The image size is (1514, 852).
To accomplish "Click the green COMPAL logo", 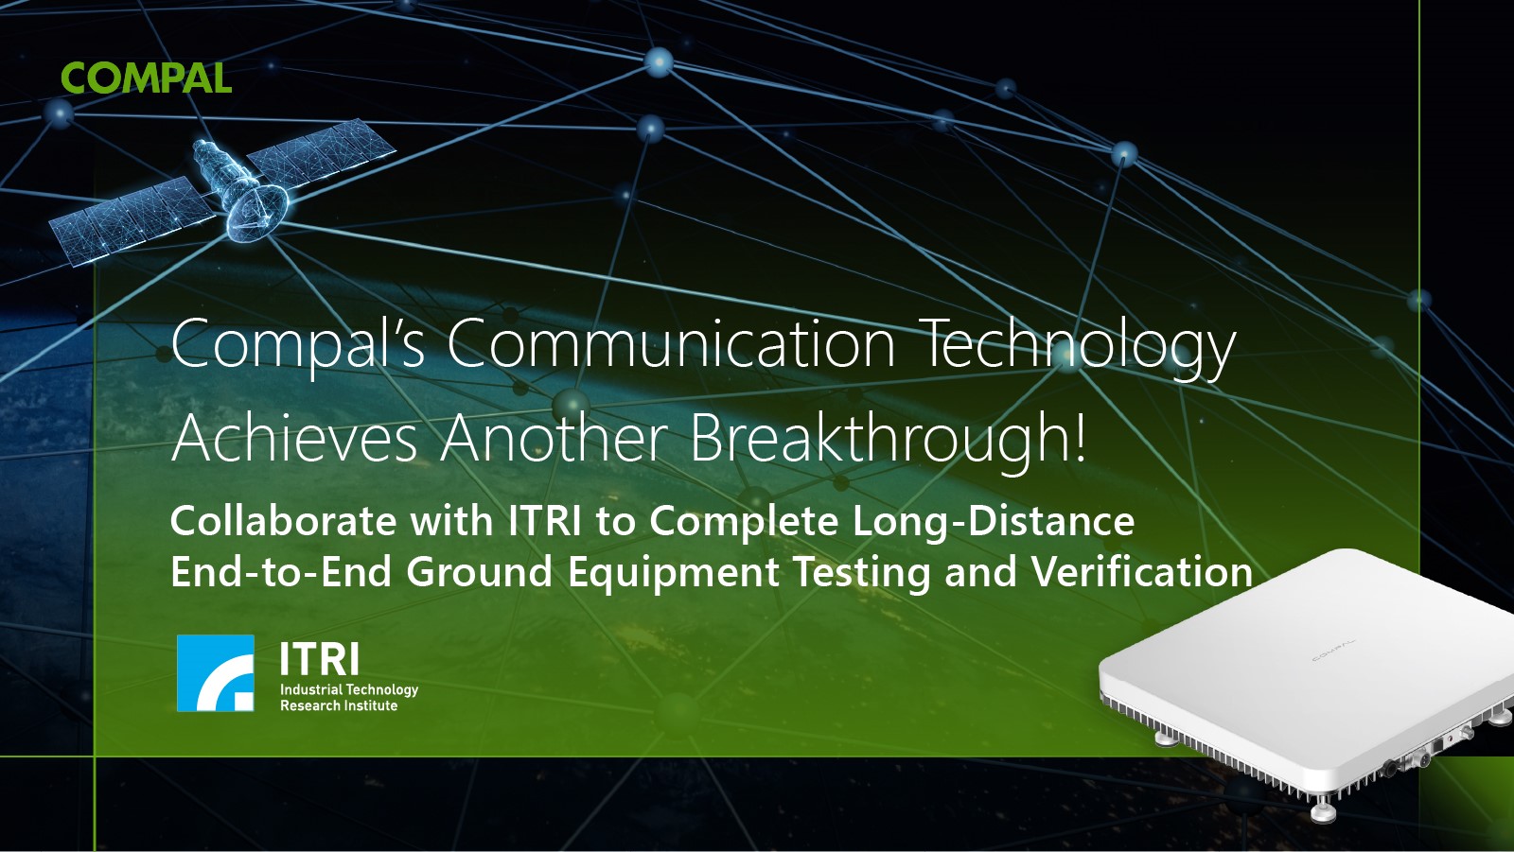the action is [x=146, y=78].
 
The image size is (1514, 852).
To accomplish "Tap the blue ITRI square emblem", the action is [x=216, y=673].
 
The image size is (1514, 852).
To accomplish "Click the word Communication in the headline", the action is [x=671, y=344].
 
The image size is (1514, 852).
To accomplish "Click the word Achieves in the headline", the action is [x=294, y=437].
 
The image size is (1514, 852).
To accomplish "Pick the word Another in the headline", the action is [x=555, y=437].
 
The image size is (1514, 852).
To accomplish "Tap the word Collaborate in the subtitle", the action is [x=284, y=521].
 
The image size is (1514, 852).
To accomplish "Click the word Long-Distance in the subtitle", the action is [x=994, y=522].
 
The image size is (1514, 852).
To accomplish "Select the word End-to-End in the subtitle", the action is [x=281, y=571].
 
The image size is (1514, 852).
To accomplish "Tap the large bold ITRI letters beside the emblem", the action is [x=320, y=659].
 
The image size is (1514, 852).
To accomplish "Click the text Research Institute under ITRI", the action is [x=340, y=705].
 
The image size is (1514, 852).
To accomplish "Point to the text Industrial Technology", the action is [x=349, y=690].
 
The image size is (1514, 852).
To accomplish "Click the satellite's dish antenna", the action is [x=255, y=211].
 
